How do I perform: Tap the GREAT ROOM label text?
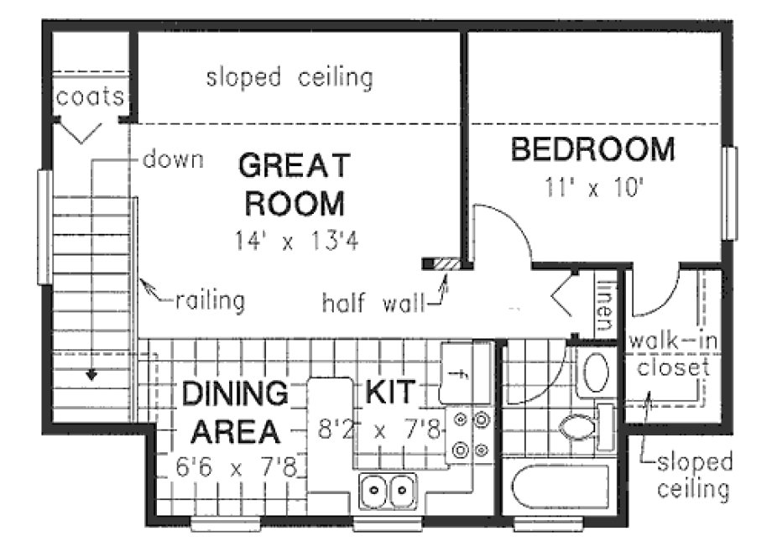292,184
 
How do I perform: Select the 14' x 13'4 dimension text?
292,242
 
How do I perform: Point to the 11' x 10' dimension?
593,187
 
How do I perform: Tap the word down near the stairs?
173,159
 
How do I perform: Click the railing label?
211,300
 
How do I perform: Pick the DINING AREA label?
233,412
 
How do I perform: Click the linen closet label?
605,304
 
